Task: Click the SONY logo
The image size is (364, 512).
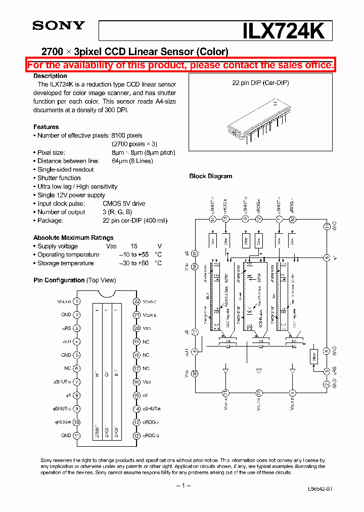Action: tap(59, 26)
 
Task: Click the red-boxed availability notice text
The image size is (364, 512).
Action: tap(180, 65)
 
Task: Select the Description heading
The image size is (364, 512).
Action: tap(50, 76)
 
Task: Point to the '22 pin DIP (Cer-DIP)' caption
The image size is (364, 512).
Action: tap(260, 82)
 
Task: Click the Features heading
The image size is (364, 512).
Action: tap(46, 127)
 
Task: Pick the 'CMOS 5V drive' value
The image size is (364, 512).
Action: tap(124, 203)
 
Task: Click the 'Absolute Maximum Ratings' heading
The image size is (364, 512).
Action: tap(73, 238)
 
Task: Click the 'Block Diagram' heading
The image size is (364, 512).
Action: tap(211, 176)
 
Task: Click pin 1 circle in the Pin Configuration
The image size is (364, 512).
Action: tap(76, 301)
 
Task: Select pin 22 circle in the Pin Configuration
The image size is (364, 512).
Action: tap(136, 301)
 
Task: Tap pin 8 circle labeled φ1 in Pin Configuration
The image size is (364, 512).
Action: tap(76, 396)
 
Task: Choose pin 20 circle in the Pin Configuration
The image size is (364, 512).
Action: tap(136, 328)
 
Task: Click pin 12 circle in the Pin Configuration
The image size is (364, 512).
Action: tap(136, 436)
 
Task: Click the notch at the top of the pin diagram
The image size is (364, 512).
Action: tap(106, 294)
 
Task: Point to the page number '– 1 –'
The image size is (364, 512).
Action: tap(183, 485)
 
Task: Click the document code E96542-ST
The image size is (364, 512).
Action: tap(320, 490)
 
